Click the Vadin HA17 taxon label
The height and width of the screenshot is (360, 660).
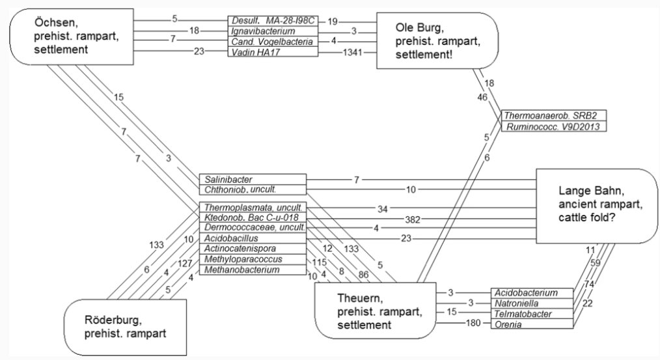click(x=273, y=51)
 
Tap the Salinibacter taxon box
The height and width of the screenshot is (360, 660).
click(x=252, y=179)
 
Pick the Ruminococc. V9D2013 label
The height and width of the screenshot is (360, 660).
click(x=554, y=126)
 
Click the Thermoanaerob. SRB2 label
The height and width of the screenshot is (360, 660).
click(x=554, y=115)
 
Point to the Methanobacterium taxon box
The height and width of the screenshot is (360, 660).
click(x=252, y=270)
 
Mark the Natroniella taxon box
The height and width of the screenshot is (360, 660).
click(x=532, y=303)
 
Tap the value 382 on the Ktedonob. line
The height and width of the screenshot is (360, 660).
click(x=394, y=219)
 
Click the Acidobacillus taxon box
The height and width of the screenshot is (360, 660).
click(x=252, y=239)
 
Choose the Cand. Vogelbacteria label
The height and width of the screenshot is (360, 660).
click(x=273, y=41)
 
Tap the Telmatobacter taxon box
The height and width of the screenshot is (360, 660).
click(x=532, y=314)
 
